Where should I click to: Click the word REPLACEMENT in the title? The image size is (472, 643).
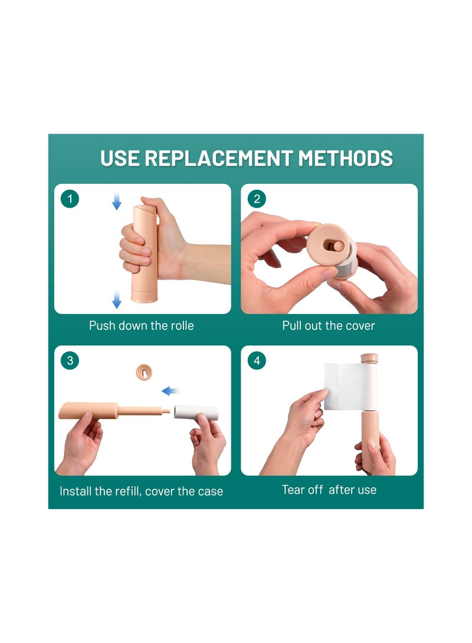(218, 159)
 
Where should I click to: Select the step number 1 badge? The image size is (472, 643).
(70, 199)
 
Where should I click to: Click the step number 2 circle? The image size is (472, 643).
(257, 199)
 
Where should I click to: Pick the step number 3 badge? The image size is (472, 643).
(70, 360)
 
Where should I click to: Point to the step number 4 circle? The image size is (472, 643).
(257, 360)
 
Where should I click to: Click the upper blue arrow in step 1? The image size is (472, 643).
(117, 202)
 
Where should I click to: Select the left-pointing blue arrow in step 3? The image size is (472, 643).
(171, 391)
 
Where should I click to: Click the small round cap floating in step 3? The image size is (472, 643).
(142, 372)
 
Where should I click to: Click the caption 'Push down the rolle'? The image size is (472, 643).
(141, 325)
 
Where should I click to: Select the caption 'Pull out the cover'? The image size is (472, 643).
(328, 325)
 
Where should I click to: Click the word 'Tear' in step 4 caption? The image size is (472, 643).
(294, 490)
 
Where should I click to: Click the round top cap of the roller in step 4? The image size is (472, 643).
(369, 358)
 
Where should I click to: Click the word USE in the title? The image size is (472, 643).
(120, 159)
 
